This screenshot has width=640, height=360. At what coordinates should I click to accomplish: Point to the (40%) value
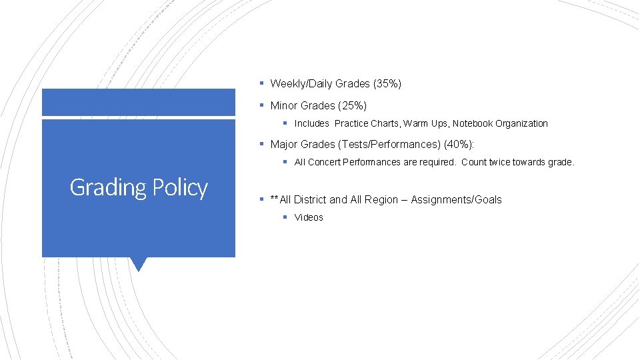[x=459, y=145]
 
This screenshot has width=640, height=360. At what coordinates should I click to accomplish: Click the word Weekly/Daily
[x=301, y=84]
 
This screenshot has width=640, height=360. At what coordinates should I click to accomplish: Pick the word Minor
[x=284, y=106]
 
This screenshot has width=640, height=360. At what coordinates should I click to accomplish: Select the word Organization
[x=521, y=123]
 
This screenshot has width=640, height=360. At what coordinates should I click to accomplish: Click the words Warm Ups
[x=426, y=123]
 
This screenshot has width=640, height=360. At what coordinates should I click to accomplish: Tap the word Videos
[x=309, y=218]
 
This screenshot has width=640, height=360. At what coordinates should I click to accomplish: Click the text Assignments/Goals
[x=456, y=200]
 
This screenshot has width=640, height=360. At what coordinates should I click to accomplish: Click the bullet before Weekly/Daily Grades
[x=262, y=84]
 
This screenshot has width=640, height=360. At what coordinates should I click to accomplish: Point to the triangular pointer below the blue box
[x=139, y=263]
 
